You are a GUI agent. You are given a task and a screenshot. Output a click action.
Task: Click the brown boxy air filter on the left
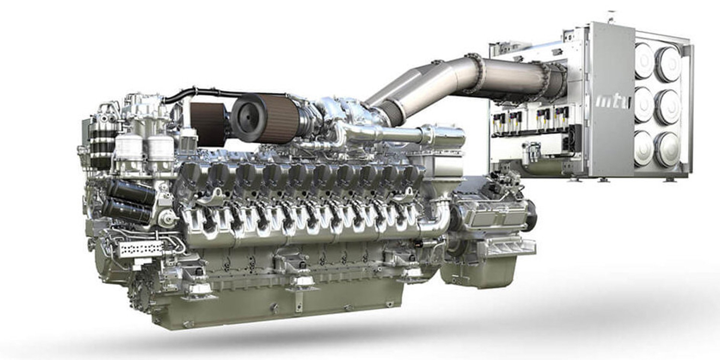(x=207, y=123)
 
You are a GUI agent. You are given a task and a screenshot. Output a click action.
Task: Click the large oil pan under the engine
(x=270, y=306)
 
